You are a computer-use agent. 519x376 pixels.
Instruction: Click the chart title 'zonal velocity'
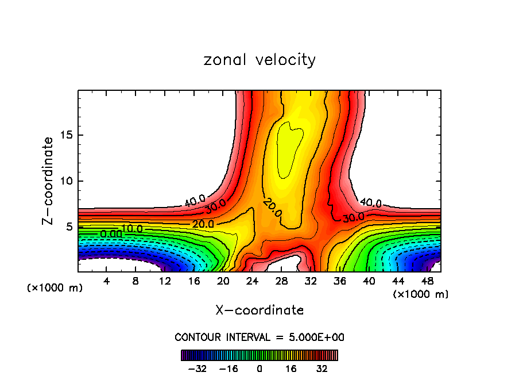pyautogui.click(x=259, y=60)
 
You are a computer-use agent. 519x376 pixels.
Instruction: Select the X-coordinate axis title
pyautogui.click(x=259, y=310)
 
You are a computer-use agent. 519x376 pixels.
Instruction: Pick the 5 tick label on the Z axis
pyautogui.click(x=68, y=227)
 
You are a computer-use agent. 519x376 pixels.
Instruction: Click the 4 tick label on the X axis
pyautogui.click(x=106, y=281)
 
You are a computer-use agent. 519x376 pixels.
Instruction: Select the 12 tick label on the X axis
pyautogui.click(x=165, y=281)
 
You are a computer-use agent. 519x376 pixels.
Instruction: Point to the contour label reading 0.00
pyautogui.click(x=111, y=235)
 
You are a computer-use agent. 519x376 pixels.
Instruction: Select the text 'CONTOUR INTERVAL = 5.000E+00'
pyautogui.click(x=259, y=337)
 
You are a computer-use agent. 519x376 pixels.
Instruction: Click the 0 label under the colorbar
pyautogui.click(x=259, y=368)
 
